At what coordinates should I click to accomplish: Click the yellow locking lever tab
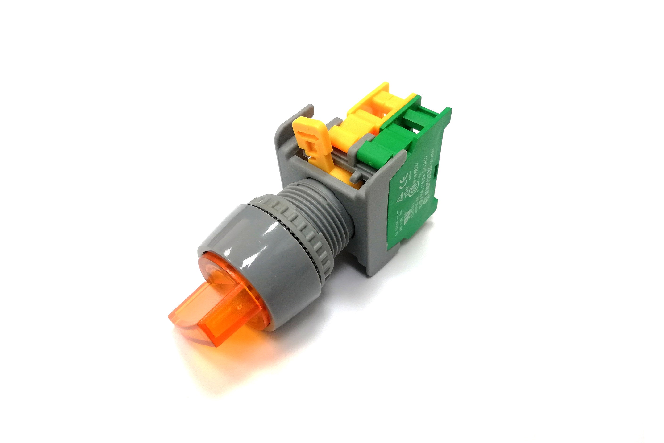[x=311, y=139]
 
